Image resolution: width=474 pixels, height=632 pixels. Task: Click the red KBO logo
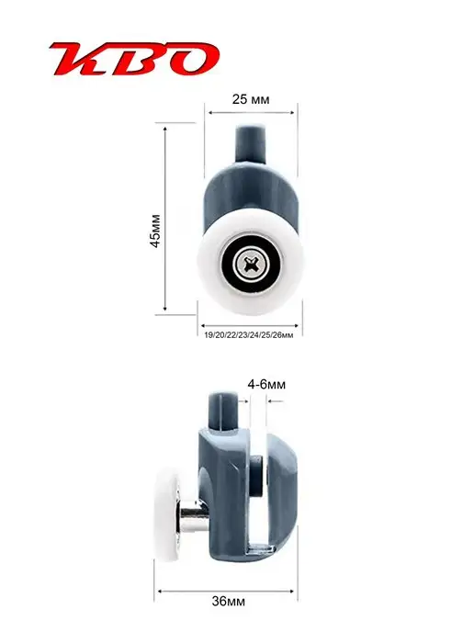click(134, 59)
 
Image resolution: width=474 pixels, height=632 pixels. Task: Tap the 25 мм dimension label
click(251, 99)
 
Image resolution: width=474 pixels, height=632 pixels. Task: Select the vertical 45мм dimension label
click(155, 231)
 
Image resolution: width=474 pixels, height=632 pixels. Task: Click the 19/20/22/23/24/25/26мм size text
click(249, 335)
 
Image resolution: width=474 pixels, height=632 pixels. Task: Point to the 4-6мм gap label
click(266, 385)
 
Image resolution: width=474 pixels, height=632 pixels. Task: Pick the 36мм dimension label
click(229, 601)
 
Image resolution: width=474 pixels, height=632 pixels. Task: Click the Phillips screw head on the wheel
click(250, 264)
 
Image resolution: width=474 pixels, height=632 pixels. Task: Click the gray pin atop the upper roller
click(251, 143)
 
